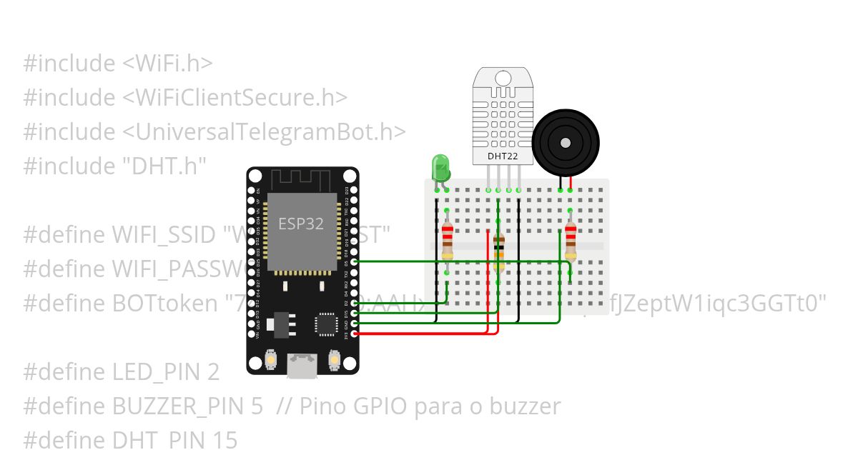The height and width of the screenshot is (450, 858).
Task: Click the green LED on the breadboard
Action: [440, 169]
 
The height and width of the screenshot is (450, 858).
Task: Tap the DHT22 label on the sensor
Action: [502, 156]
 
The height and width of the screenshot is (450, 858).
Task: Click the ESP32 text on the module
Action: [301, 224]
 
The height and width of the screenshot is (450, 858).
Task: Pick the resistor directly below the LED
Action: [448, 241]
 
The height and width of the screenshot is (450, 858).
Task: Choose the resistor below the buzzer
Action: [570, 241]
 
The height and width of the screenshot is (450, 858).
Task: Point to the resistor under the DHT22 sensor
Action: [498, 252]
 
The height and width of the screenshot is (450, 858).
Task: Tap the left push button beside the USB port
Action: [271, 359]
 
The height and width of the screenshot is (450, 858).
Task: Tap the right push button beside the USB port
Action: [333, 359]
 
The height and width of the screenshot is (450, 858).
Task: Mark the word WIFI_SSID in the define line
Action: [164, 235]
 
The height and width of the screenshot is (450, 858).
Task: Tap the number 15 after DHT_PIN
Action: [225, 440]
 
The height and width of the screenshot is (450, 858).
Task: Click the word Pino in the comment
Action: [324, 406]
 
